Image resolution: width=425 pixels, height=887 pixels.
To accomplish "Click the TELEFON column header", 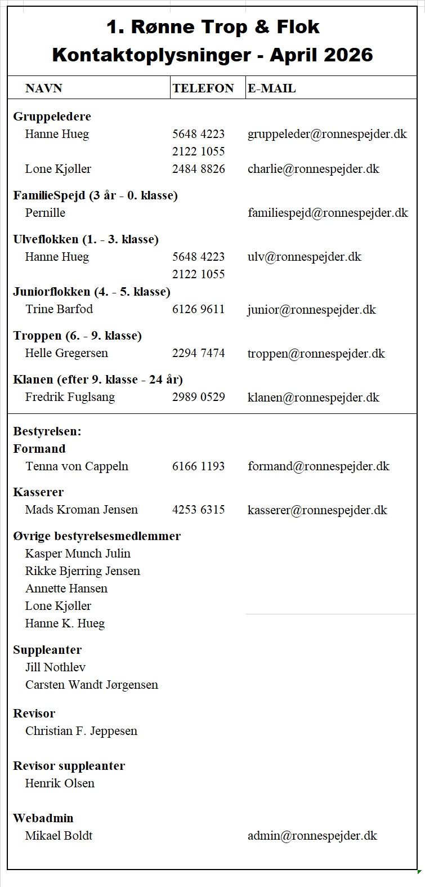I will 203,88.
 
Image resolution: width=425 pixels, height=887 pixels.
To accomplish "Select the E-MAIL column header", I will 271,88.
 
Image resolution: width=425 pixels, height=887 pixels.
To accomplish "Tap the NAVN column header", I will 43,88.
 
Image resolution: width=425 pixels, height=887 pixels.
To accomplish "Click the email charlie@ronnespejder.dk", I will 313,169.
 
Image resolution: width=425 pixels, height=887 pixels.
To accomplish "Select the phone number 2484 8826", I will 198,169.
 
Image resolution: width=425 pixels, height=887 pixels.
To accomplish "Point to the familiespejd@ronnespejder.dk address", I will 328,213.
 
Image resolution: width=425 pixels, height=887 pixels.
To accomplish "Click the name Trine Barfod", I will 59,309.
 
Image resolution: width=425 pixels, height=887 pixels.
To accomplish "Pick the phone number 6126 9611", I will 198,309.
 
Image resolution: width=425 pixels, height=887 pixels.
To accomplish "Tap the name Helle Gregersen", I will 66,353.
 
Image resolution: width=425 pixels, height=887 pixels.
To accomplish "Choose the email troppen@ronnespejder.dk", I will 316,354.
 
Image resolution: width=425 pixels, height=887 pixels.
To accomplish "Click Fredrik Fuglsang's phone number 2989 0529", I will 198,397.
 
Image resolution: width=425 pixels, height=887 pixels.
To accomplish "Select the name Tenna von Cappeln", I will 77,466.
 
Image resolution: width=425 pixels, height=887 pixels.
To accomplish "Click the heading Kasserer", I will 38,492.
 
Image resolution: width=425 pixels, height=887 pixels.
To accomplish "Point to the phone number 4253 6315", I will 198,510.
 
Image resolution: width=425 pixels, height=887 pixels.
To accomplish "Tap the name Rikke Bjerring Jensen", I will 83,571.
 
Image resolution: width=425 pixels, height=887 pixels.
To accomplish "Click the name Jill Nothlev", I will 55,667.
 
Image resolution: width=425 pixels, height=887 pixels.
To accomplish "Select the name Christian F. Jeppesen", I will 81,731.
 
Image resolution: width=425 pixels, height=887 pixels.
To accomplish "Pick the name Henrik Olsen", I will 60,783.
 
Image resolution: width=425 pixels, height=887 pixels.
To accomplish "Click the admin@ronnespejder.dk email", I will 312,836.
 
